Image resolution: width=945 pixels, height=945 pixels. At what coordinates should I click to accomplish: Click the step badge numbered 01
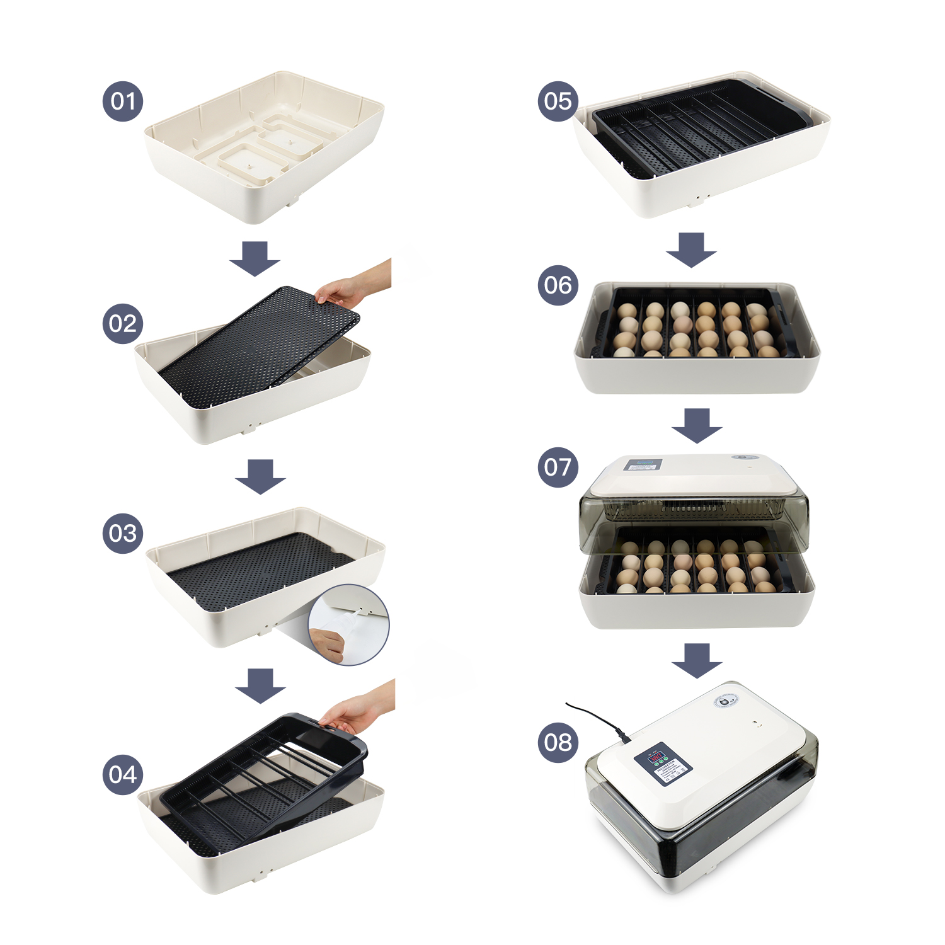[x=123, y=101]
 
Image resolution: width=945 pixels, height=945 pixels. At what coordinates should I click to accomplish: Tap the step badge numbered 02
[x=123, y=323]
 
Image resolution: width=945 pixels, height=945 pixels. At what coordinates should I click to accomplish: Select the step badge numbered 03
[x=123, y=533]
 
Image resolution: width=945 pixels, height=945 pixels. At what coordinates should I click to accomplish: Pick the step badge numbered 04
[x=123, y=774]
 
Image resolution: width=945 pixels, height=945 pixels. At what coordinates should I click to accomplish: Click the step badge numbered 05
[x=558, y=101]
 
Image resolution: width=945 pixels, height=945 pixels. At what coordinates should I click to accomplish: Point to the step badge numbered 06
[x=558, y=285]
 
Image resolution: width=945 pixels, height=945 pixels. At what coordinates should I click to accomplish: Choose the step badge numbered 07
[x=558, y=467]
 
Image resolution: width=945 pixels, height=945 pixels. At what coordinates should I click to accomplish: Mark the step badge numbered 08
[x=558, y=742]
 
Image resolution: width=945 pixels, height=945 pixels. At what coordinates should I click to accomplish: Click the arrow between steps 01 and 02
[x=255, y=258]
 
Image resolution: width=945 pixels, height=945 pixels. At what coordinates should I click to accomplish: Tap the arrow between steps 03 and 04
[x=260, y=685]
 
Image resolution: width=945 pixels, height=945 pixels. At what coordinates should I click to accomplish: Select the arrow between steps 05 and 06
[x=691, y=250]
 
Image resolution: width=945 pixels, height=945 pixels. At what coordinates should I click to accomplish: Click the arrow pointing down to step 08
[x=697, y=660]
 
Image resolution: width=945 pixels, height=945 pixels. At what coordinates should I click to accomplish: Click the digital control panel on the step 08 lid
[x=663, y=762]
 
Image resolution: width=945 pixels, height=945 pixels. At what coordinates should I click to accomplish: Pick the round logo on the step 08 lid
[x=726, y=701]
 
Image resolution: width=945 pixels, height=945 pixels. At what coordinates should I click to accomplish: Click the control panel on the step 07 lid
[x=643, y=465]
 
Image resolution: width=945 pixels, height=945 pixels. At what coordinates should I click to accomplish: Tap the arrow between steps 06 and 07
[x=697, y=425]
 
